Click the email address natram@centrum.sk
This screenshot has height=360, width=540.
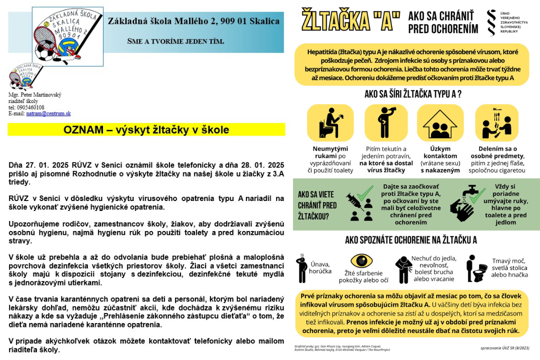(48, 113)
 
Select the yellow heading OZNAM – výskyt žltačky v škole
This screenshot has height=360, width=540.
(146, 130)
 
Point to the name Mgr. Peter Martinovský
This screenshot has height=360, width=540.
(34, 95)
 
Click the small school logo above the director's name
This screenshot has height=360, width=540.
(22, 76)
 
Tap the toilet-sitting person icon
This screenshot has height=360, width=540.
(329, 121)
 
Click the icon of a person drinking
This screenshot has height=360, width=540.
(386, 121)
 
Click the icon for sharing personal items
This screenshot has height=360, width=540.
(497, 121)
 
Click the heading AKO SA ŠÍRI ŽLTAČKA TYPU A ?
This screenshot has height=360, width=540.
(413, 94)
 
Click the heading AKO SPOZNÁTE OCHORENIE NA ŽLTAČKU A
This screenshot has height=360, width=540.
(411, 240)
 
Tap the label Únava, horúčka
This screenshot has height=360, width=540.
(321, 267)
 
